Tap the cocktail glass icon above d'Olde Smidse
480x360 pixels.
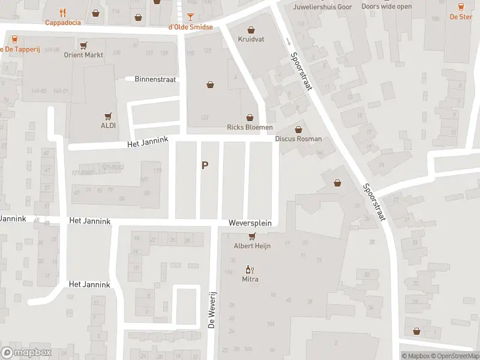(190, 16)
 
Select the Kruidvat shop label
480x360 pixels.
(251, 39)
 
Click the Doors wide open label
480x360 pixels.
(386, 7)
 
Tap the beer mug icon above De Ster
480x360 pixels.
(461, 7)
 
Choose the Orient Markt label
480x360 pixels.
(83, 55)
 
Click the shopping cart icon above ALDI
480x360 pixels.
(108, 116)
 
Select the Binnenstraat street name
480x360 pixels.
(155, 79)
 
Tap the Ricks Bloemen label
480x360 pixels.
(250, 127)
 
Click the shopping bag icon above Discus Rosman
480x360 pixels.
(298, 129)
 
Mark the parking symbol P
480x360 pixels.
(205, 165)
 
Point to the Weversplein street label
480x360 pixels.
(250, 223)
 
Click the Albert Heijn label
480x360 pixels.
(252, 246)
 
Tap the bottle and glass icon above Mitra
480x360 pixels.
(250, 270)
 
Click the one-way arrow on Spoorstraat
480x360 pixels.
(288, 41)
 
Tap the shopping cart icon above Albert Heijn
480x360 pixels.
(252, 236)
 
